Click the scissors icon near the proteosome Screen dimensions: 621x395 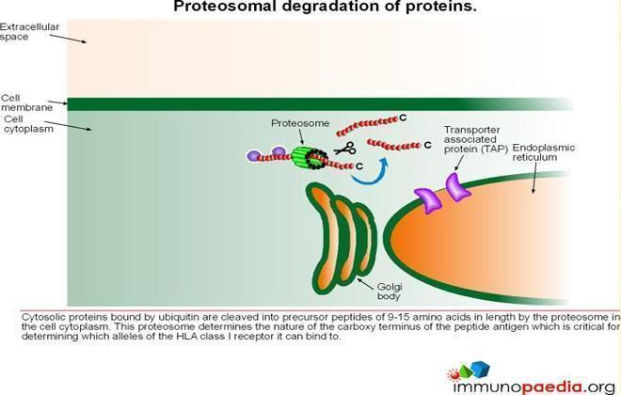tap(345, 149)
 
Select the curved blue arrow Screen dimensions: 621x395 tap(370, 172)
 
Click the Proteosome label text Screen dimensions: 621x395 tap(300, 123)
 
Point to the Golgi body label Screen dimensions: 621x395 tap(389, 292)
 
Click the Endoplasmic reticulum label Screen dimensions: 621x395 tap(543, 152)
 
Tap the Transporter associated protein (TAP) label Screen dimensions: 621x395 tap(475, 140)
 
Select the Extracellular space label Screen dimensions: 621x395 tap(29, 32)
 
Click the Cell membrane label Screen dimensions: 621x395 tap(26, 103)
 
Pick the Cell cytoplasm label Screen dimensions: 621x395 tap(28, 124)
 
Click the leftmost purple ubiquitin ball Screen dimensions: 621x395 tap(253, 155)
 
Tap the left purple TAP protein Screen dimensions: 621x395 tap(428, 200)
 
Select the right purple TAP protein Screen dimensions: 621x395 tap(457, 187)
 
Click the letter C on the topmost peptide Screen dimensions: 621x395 tap(403, 118)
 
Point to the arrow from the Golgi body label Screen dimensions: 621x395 tap(366, 284)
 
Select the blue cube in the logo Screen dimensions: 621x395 tap(481, 369)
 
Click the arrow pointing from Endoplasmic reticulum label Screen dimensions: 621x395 tap(533, 178)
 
